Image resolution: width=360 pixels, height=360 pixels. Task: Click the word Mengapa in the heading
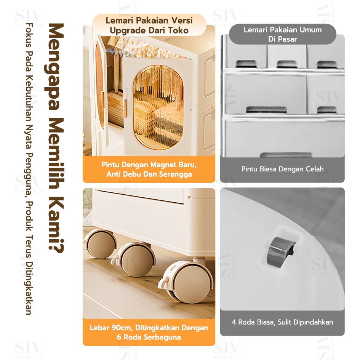click(x=54, y=67)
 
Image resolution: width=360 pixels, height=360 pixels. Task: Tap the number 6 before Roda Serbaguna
click(x=119, y=337)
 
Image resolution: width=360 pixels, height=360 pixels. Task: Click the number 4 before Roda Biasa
click(x=234, y=322)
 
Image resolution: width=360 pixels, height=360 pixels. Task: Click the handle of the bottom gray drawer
click(x=286, y=155)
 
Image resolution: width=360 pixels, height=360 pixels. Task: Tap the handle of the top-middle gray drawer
click(x=287, y=64)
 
